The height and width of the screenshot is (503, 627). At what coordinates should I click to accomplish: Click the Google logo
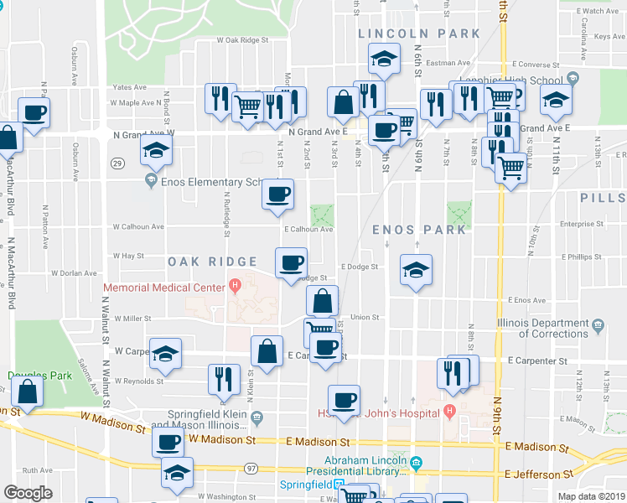coord(28,493)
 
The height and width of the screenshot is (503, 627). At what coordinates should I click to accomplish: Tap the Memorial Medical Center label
coord(163,288)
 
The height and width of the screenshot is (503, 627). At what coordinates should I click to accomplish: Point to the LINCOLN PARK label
coord(419,34)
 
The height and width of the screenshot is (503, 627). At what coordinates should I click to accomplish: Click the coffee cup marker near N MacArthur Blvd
coord(34,112)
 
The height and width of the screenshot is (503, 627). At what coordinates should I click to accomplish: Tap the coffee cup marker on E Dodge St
coord(291,263)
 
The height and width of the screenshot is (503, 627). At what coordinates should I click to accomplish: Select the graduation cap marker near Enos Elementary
coord(157,152)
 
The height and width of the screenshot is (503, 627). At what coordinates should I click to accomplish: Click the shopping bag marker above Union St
coord(322,301)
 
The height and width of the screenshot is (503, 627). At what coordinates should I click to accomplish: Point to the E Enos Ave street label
coord(526,299)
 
